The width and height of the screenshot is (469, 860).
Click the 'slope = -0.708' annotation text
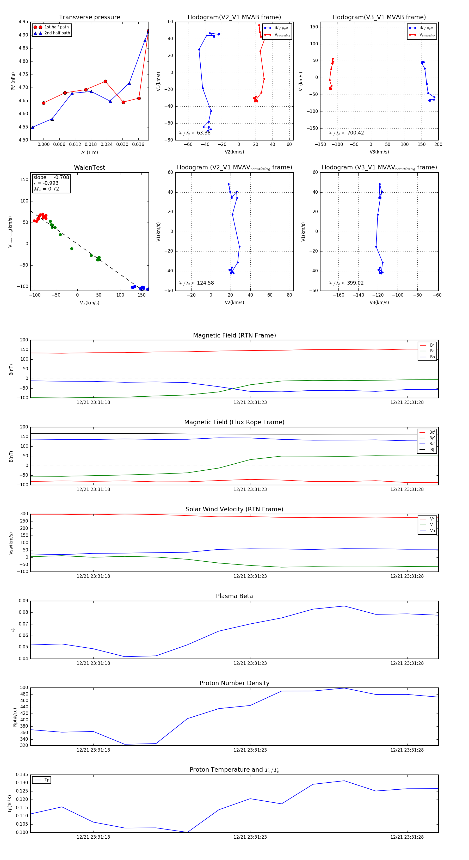tap(51, 177)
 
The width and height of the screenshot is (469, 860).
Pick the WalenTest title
tap(89, 168)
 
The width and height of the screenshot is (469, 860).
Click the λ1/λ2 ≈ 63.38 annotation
tap(195, 133)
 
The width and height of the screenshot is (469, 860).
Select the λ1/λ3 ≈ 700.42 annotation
tap(346, 133)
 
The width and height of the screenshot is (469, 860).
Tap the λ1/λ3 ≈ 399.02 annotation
tap(346, 283)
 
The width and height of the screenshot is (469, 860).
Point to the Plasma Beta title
tap(234, 596)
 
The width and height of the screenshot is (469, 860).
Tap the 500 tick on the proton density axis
tap(24, 688)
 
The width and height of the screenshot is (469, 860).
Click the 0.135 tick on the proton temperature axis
tap(23, 775)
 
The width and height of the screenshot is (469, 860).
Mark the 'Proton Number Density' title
tap(234, 683)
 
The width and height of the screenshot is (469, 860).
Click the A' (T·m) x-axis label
tap(89, 152)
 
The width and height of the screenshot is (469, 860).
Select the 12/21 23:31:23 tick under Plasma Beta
tap(250, 663)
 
